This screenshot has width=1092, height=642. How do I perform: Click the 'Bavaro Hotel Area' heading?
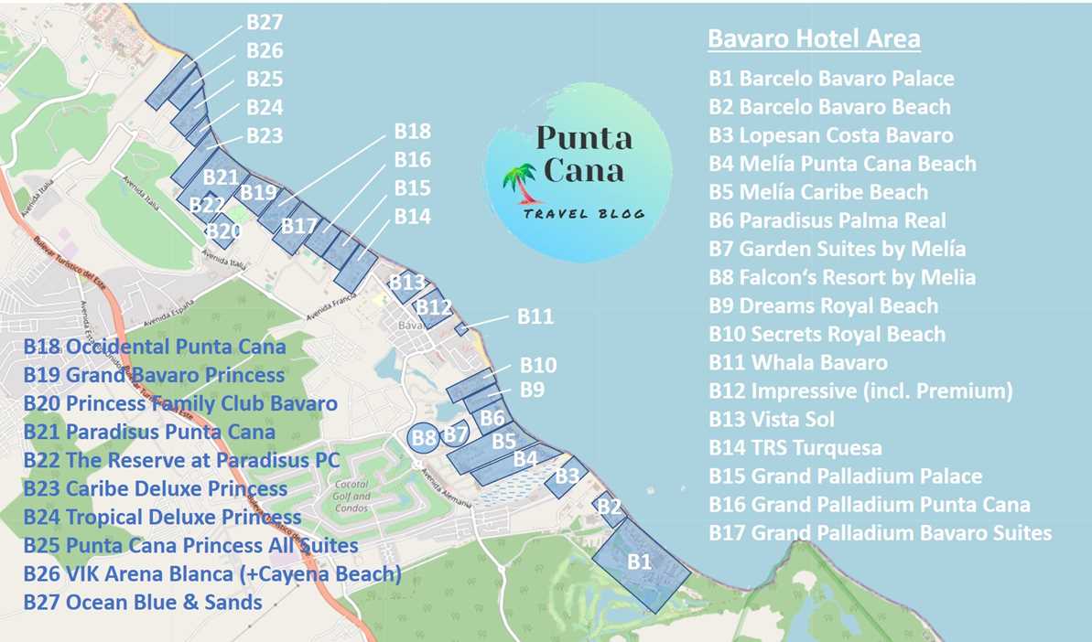coord(814,39)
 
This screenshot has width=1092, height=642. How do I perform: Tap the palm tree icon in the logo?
coord(522,181)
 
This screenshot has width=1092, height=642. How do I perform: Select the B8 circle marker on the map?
coord(423,438)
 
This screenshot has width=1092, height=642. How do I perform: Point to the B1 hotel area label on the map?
coord(639,562)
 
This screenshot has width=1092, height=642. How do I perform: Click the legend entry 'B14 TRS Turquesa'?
coord(795,448)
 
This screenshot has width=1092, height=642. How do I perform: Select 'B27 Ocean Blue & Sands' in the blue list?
coord(143,603)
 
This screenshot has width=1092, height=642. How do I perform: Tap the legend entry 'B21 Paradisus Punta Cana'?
coord(149,432)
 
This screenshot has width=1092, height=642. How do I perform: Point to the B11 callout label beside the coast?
coord(535,316)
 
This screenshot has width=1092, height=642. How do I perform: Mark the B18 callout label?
coord(412,132)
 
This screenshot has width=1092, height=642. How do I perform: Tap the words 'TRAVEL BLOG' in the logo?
coord(584,213)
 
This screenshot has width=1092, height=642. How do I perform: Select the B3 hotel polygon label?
coord(568,476)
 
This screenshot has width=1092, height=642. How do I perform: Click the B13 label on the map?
coord(407,283)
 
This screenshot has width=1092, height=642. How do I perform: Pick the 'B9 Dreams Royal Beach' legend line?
coord(823,305)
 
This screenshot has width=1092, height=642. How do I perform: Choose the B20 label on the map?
coord(222,231)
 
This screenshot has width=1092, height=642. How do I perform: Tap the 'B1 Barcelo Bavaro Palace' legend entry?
coord(831,79)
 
